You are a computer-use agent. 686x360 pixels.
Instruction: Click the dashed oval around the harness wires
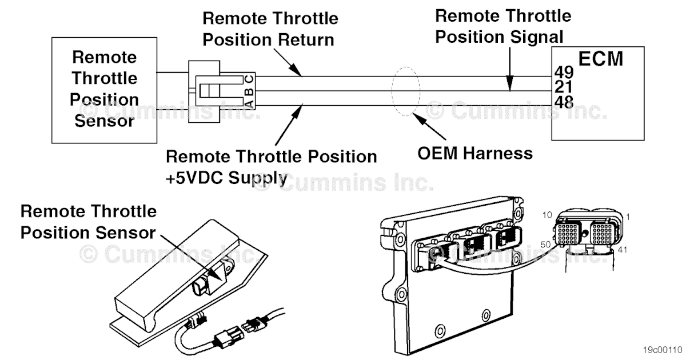(405, 92)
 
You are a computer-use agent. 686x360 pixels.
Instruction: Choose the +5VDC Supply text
(226, 178)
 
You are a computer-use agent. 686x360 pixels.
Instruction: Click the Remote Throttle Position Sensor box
(104, 90)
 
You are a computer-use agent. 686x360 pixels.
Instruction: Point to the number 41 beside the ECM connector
(624, 249)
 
